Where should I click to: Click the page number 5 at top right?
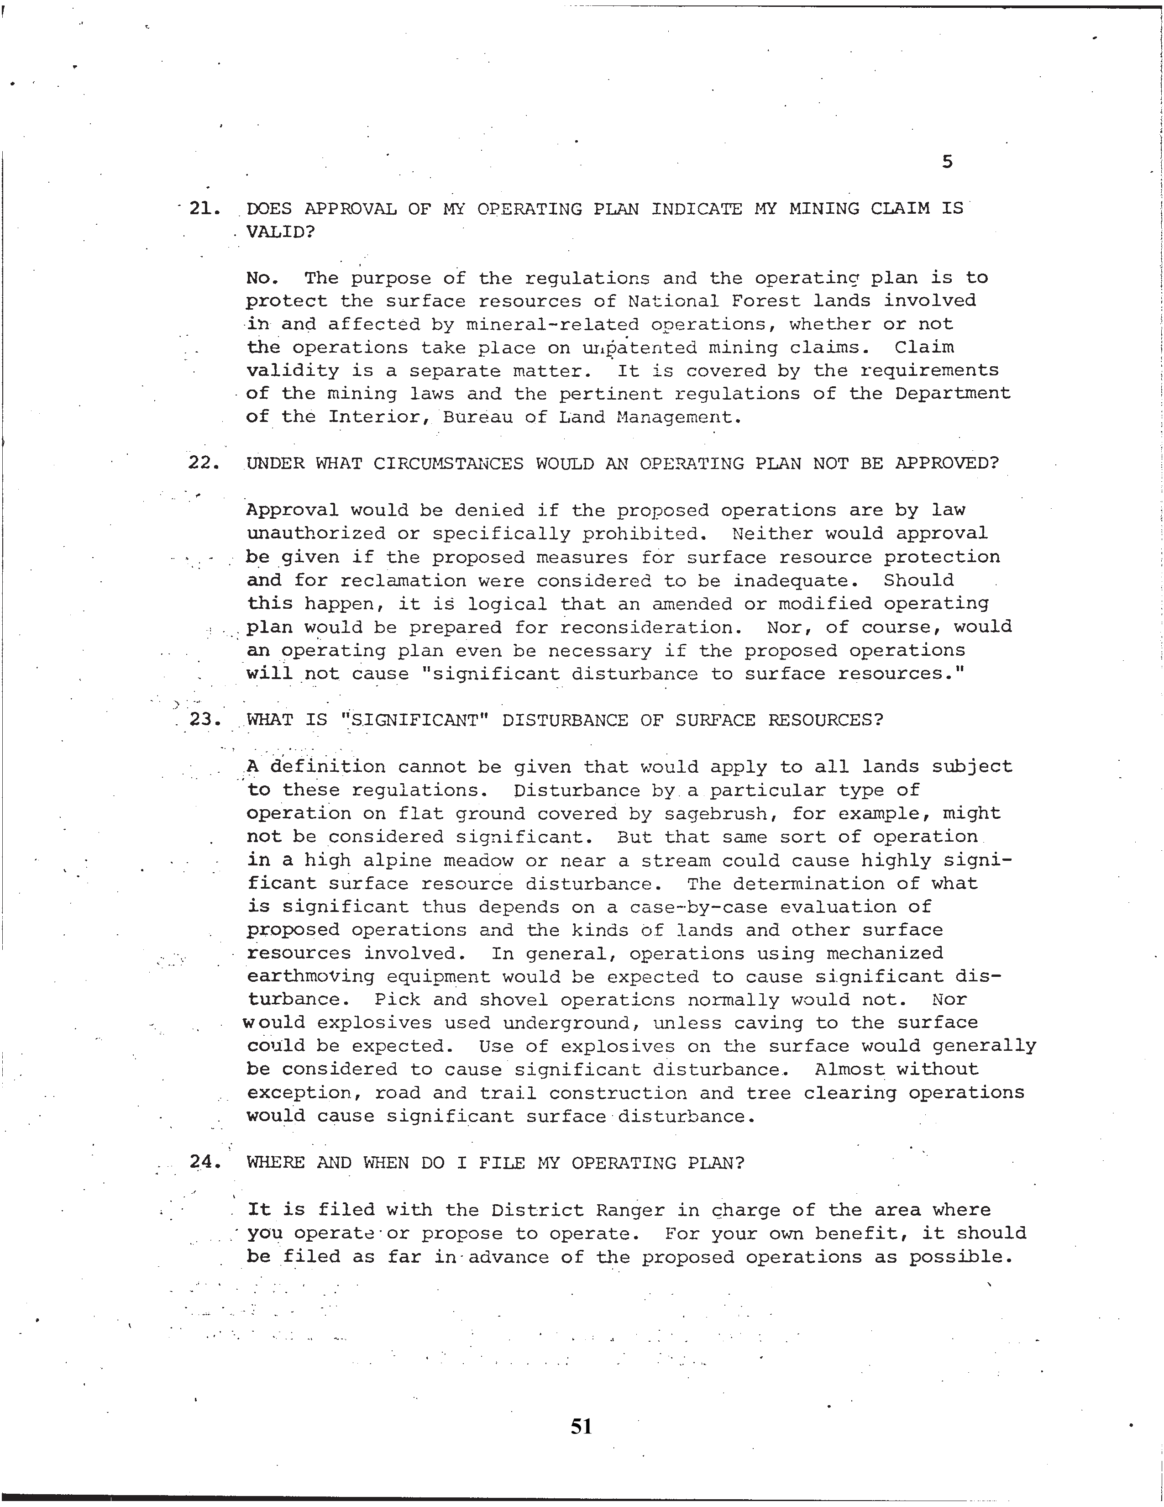click(947, 162)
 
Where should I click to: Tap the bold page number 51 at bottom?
click(581, 1426)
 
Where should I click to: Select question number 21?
click(204, 208)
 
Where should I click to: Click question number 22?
click(204, 463)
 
